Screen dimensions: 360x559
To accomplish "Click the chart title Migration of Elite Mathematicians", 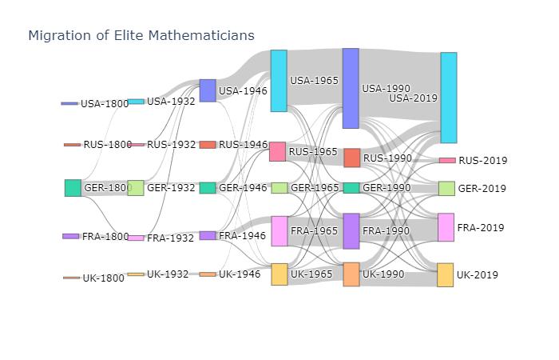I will (141, 35).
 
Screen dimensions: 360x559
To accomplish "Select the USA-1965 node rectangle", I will (278, 81).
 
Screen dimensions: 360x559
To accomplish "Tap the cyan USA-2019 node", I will (448, 98).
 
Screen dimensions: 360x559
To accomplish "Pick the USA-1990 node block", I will (351, 88).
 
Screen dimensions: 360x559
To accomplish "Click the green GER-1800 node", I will (73, 188).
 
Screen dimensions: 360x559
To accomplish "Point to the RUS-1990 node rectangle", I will (351, 158).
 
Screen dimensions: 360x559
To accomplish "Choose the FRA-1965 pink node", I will (279, 231).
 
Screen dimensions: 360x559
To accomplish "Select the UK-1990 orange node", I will (351, 274).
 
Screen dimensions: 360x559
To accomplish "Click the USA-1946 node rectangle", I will (208, 90).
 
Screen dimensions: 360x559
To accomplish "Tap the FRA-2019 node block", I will (446, 227).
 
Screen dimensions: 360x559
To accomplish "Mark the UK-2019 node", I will (445, 275).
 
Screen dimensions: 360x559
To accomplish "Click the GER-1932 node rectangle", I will (136, 188).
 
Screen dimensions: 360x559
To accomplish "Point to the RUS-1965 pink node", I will (277, 151).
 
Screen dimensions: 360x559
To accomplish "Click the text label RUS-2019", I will (482, 161).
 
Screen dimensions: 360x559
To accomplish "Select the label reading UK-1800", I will (104, 278).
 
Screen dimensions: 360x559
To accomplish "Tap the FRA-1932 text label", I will (172, 238).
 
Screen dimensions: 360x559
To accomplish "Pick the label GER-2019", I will (482, 189).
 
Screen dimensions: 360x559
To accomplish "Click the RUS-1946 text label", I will (243, 145).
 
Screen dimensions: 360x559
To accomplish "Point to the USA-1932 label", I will (171, 102).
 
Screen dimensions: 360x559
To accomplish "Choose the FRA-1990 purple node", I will (351, 231).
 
